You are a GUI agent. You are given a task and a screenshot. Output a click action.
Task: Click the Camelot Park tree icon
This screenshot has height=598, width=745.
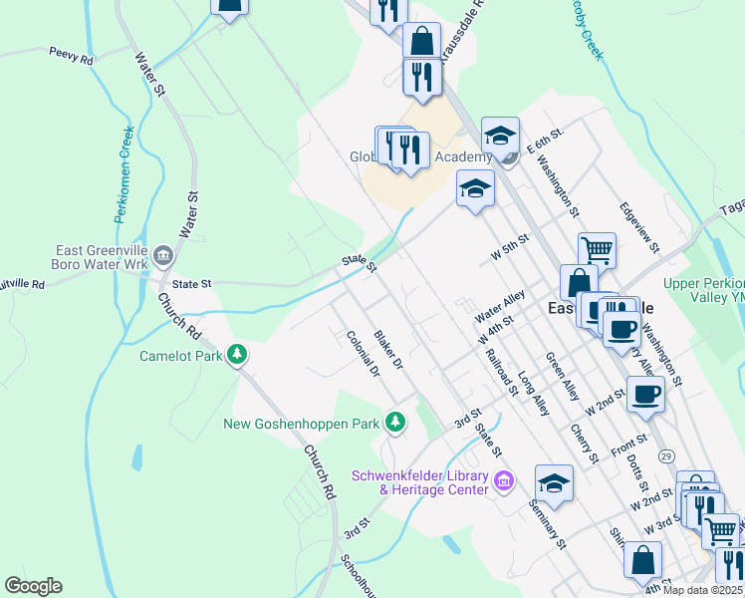(237, 354)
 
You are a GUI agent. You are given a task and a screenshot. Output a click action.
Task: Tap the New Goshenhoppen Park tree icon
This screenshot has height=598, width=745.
(395, 423)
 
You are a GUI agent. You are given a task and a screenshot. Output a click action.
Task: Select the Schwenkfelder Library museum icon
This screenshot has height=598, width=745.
(504, 482)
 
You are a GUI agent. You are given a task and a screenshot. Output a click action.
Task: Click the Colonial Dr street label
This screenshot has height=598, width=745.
(364, 355)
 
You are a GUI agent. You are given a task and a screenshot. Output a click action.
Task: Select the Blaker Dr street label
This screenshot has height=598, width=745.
(388, 351)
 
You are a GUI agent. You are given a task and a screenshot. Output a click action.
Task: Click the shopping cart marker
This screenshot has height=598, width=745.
(597, 249)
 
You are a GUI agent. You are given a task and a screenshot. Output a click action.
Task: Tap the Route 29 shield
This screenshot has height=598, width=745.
(665, 455)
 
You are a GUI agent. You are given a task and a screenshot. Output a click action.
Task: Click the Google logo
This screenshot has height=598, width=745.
(33, 586)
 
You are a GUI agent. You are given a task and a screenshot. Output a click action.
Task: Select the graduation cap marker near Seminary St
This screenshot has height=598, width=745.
(554, 483)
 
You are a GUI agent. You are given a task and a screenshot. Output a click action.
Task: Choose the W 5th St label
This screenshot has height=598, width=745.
(509, 249)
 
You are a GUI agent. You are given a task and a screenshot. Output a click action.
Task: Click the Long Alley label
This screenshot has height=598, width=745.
(534, 393)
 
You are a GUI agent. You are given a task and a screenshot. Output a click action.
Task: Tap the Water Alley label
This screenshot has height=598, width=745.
(500, 304)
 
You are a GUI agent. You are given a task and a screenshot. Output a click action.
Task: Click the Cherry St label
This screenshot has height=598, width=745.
(584, 441)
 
